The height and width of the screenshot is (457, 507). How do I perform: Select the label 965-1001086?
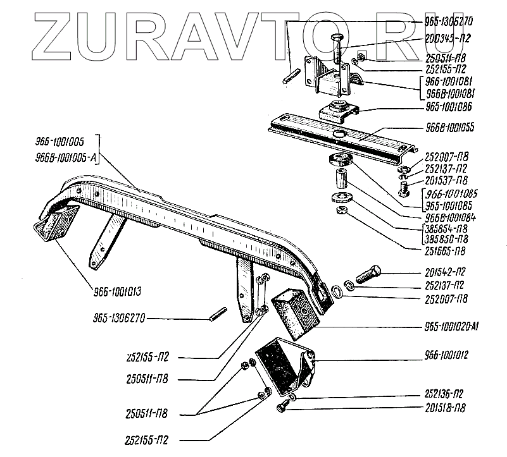tap(450, 106)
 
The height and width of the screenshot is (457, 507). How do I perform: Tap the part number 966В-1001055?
tap(449, 127)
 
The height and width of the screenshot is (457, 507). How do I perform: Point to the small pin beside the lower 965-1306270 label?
tap(219, 314)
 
